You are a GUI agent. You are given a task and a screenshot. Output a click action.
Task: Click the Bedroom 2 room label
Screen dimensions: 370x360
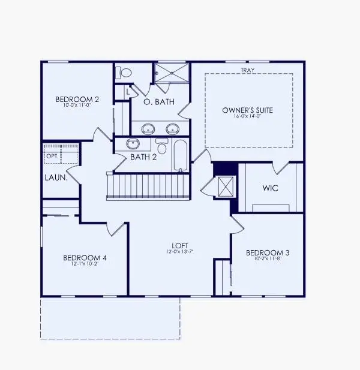pyautogui.click(x=77, y=99)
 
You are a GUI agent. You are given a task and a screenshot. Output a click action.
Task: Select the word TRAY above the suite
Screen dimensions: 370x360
pyautogui.click(x=247, y=70)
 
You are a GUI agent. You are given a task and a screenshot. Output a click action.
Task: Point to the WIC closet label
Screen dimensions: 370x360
pyautogui.click(x=270, y=188)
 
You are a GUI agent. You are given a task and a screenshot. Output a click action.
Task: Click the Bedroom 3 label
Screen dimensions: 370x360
pyautogui.click(x=268, y=254)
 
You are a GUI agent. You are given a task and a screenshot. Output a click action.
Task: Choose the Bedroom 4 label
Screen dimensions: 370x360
pyautogui.click(x=85, y=258)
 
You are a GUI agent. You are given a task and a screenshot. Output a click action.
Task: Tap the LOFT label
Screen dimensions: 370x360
pyautogui.click(x=180, y=246)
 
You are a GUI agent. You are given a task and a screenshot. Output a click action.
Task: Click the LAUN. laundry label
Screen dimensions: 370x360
pyautogui.click(x=55, y=178)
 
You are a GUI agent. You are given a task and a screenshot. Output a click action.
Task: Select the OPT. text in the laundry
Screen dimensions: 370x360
pyautogui.click(x=52, y=155)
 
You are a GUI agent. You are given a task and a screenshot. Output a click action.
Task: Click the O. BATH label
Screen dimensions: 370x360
pyautogui.click(x=159, y=102)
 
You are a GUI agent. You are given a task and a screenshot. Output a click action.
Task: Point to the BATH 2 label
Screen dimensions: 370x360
pyautogui.click(x=143, y=157)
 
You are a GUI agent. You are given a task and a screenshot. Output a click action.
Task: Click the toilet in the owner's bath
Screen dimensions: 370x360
pyautogui.click(x=125, y=73)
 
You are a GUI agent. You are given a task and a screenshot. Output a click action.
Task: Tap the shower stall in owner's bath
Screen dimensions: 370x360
pyautogui.click(x=172, y=73)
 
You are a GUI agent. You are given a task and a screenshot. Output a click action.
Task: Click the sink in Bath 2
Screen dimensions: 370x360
pyautogui.click(x=133, y=144)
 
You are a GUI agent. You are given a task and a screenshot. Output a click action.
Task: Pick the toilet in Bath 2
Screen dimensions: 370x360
pyautogui.click(x=161, y=147)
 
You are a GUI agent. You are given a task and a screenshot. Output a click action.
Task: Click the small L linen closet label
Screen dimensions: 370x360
pyautogui.click(x=127, y=92)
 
